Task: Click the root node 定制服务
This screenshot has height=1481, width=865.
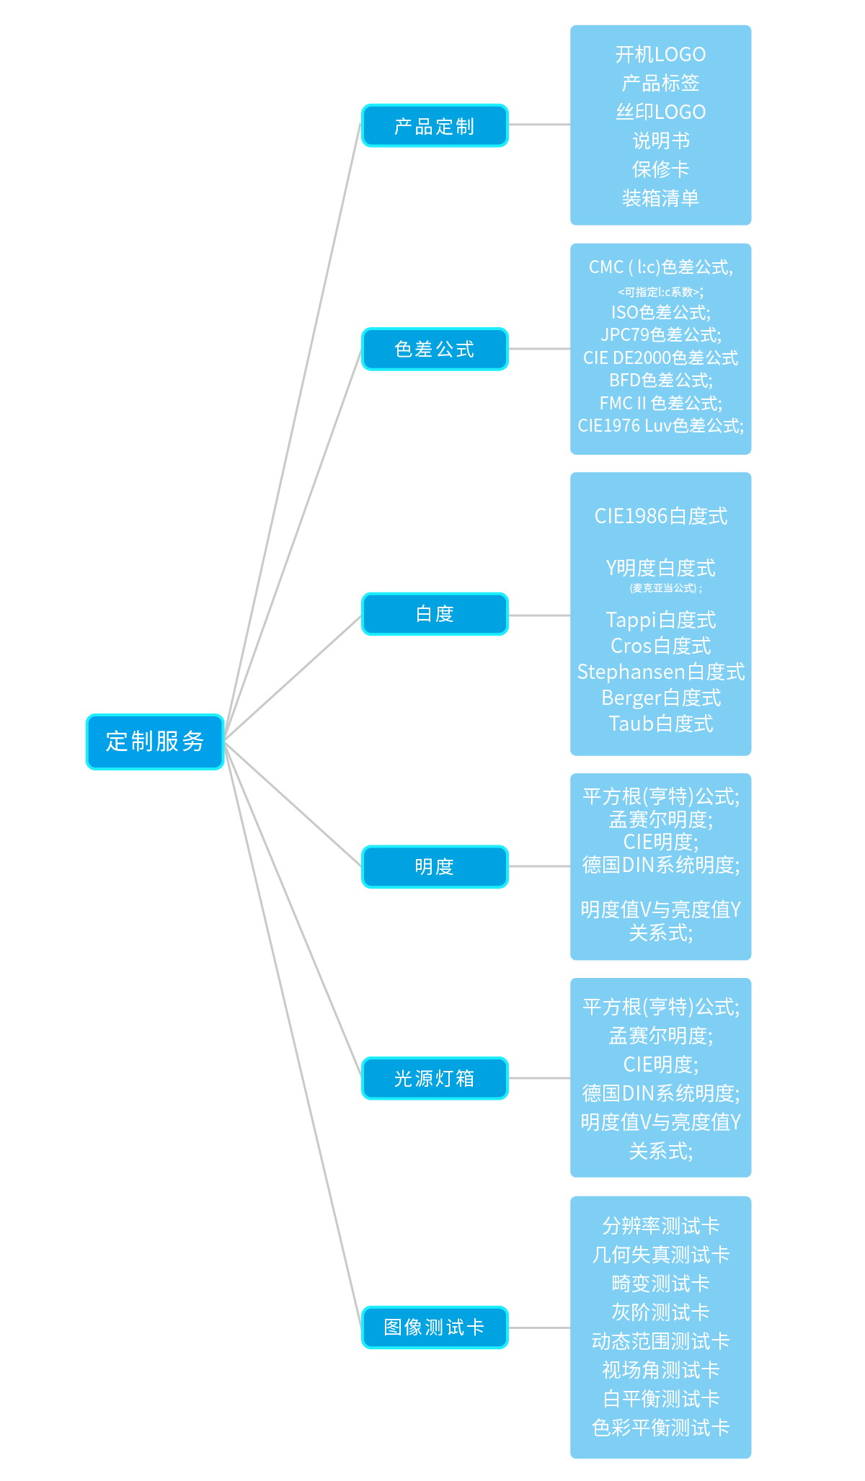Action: pos(155,742)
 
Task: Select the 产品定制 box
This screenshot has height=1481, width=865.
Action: pos(435,126)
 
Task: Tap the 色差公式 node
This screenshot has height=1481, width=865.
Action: pos(435,349)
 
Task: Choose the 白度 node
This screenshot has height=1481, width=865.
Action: pos(435,614)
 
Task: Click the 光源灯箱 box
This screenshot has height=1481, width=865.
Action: pos(435,1078)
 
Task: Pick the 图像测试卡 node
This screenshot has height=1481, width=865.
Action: pos(435,1327)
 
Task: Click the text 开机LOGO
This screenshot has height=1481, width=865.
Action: pos(660,55)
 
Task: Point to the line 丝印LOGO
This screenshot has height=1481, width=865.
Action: pos(660,112)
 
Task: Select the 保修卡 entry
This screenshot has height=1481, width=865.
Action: pos(660,169)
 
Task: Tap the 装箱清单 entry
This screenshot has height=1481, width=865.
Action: pos(660,198)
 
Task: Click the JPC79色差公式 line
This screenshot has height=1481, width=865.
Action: pos(660,335)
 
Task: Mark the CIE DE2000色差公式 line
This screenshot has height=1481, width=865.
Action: pos(660,358)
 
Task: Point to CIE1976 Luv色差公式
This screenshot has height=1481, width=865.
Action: pos(660,426)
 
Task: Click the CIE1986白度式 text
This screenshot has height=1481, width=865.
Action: pos(660,516)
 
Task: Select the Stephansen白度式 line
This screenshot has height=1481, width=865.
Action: pos(660,672)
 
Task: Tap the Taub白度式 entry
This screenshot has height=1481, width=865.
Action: pos(660,724)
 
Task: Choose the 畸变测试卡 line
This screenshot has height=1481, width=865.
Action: pos(660,1284)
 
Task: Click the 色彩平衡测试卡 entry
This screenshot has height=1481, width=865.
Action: pos(660,1428)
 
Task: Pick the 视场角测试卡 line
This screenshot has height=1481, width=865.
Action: pos(660,1370)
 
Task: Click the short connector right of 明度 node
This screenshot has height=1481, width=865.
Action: pos(539,866)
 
